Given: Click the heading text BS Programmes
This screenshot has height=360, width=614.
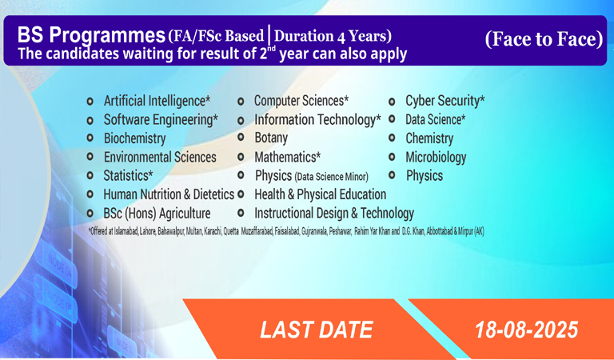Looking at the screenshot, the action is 91,36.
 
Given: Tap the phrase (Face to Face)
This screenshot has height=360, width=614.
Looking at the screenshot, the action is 544,38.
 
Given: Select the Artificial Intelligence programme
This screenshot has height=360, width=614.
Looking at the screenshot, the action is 157,101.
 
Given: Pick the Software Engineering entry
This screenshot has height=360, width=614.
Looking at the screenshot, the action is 161,119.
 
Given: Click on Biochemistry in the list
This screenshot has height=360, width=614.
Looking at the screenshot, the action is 134,138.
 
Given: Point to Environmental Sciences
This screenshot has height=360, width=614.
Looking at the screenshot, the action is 160,157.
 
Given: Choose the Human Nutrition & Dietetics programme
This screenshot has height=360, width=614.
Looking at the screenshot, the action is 169,194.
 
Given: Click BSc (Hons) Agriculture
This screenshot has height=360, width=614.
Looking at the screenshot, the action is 157,214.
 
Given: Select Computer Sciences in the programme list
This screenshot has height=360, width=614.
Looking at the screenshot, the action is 301,101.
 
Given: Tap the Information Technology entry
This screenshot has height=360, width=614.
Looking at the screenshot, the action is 317,119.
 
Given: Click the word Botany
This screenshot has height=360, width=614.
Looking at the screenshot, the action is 271,138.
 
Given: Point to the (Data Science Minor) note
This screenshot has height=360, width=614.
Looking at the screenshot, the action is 331,177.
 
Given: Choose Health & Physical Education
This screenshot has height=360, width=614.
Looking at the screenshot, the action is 321,194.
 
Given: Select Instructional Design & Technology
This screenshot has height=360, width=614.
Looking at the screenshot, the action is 334,214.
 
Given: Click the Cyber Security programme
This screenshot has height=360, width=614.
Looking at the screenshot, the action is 445,101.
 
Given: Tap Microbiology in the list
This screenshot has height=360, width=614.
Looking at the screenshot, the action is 436,158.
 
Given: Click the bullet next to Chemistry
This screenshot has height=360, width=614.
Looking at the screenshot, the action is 392,138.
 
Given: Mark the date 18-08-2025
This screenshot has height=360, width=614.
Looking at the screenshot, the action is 526,330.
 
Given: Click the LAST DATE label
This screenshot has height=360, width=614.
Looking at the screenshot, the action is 317,330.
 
